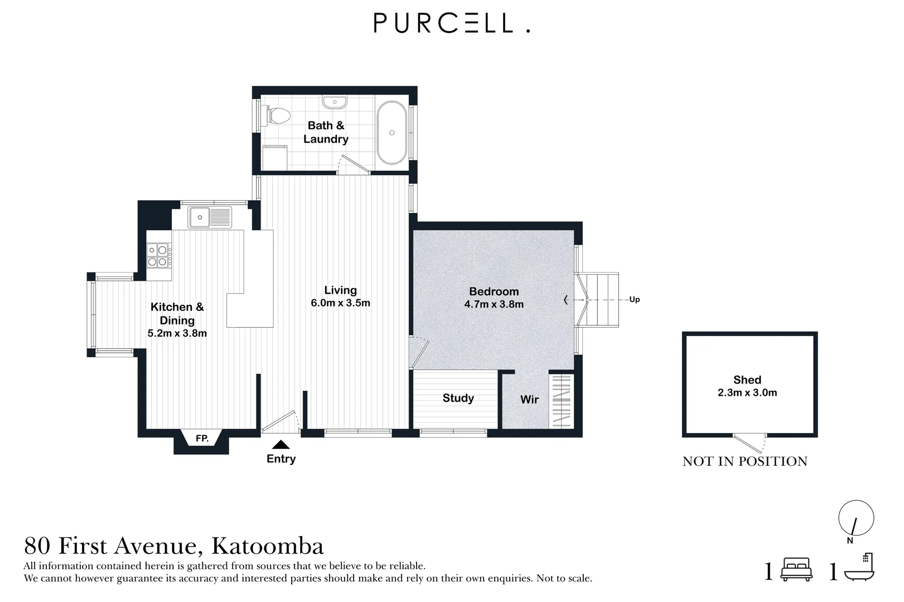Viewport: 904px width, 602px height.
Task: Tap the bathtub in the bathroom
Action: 391,133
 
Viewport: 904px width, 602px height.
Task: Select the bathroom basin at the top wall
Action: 335,101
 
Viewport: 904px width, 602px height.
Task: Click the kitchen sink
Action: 210,217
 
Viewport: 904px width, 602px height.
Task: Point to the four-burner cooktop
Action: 159,256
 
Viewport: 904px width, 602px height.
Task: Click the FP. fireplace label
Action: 202,438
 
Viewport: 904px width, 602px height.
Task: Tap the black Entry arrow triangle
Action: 281,444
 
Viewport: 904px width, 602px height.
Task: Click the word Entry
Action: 281,459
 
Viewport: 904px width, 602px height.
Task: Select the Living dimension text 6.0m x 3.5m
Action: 340,303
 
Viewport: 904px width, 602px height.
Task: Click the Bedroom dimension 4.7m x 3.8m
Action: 494,304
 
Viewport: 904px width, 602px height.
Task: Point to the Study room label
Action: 458,398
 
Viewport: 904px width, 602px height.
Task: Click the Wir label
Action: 529,400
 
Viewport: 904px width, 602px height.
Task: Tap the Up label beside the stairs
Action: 635,300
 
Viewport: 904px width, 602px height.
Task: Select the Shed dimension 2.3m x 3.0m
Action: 747,392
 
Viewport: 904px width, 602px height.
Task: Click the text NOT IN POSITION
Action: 745,461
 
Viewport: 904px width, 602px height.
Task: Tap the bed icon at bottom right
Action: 796,569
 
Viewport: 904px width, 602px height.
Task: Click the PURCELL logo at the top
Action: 452,23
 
